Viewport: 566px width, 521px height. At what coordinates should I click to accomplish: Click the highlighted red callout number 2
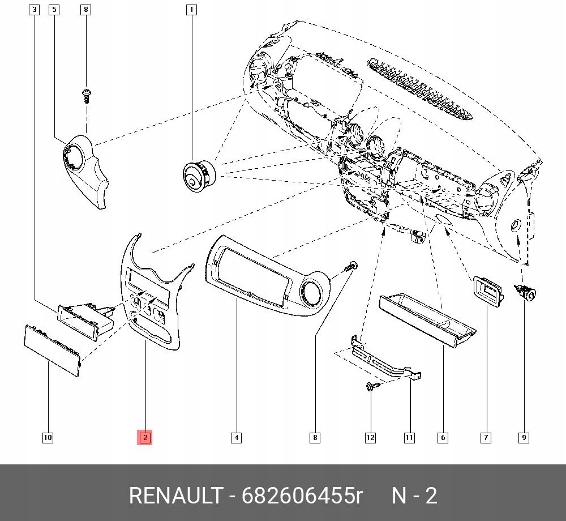pos(145,437)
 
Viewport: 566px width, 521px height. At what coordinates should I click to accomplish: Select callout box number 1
pos(191,10)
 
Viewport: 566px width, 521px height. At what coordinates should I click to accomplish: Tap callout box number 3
pos(35,10)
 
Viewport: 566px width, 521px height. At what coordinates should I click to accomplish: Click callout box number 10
pos(48,437)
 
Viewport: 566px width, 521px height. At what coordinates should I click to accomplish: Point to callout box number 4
pos(236,437)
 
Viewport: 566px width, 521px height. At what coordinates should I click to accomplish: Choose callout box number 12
pos(370,437)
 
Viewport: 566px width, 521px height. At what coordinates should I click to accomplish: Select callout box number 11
pos(409,437)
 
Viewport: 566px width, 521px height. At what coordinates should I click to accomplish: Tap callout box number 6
pos(443,437)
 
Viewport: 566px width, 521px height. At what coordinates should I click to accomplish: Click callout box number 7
pos(486,437)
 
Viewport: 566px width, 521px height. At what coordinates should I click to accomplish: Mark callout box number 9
pos(524,437)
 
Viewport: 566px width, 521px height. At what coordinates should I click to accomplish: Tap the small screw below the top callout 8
pos(86,95)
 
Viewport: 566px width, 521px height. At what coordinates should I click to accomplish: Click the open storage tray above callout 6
pos(427,320)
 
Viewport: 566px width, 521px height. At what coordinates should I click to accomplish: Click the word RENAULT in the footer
pos(175,496)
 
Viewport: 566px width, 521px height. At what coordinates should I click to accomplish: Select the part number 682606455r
pos(302,496)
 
